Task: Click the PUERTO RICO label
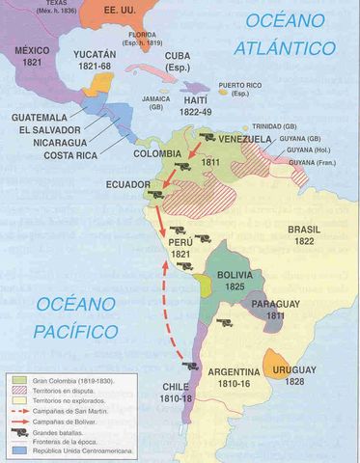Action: (x=242, y=90)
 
